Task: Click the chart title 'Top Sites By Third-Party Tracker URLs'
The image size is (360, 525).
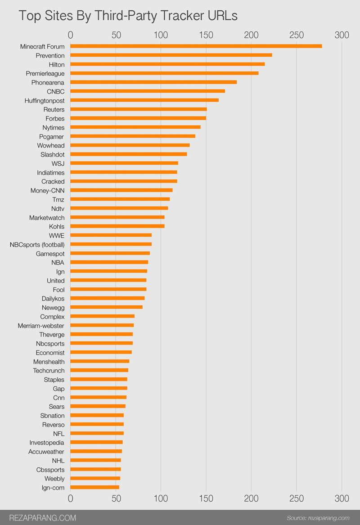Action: point(128,16)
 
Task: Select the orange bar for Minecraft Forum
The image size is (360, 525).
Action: point(196,46)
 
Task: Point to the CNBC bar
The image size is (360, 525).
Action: point(148,91)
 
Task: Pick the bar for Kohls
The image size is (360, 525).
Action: point(117,226)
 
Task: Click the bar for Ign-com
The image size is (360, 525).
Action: point(94,487)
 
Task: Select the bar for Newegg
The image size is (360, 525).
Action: point(106,307)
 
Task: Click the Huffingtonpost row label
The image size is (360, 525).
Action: point(45,100)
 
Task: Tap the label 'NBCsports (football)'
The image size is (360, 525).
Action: point(37,244)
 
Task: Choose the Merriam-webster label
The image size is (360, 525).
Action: point(41,325)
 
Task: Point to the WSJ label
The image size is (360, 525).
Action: point(58,163)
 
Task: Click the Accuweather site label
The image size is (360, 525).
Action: point(46,451)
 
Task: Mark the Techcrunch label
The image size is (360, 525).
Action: point(49,370)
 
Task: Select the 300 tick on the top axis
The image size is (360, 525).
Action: point(342,35)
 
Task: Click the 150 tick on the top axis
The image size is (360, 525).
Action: point(206,35)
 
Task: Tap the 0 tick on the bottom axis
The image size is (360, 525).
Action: point(70,498)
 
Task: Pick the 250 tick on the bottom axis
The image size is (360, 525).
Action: point(297,498)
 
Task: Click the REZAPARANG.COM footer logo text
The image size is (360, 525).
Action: point(43,518)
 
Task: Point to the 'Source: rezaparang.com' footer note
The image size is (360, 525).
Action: point(318,518)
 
